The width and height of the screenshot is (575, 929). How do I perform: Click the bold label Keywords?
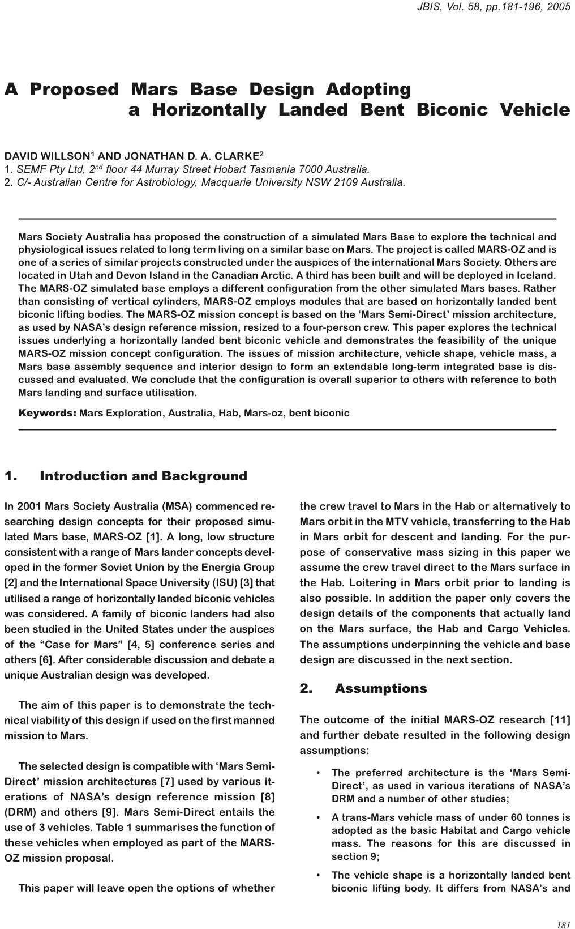48,413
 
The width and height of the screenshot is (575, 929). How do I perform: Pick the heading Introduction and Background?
143,476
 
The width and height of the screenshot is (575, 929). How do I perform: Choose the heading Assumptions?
381,688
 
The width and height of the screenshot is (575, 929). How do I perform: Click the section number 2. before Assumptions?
306,688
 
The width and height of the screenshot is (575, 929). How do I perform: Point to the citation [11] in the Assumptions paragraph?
560,720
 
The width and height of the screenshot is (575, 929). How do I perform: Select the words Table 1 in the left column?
114,828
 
